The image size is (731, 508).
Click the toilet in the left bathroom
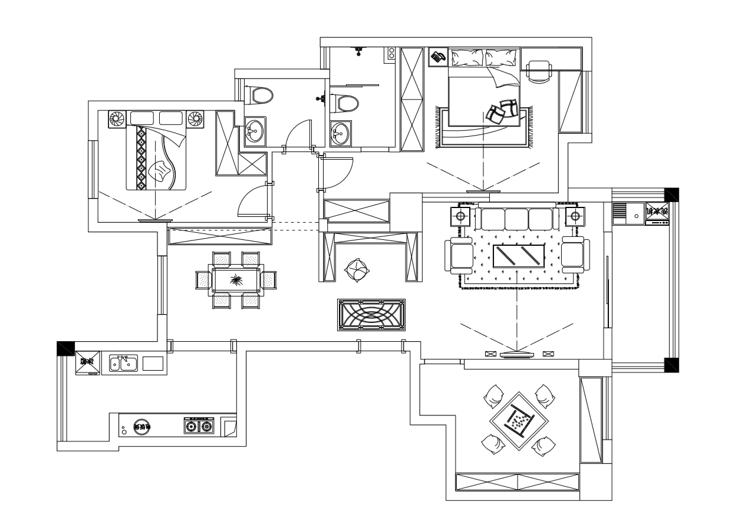[259, 95]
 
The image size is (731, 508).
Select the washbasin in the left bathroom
[255, 130]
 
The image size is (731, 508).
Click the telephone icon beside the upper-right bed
[437, 57]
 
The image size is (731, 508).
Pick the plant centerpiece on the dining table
[236, 280]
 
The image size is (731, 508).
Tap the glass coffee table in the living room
[518, 257]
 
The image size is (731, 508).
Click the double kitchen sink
[123, 364]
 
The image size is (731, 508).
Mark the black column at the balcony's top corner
[671, 195]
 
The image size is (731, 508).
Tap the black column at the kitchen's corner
[65, 348]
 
